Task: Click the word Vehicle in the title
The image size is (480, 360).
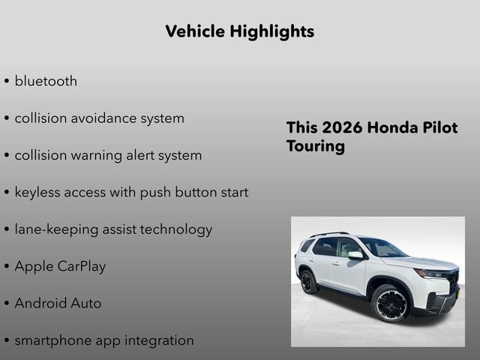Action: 194,31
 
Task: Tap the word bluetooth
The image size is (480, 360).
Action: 46,81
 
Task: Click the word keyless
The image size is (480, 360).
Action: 39,192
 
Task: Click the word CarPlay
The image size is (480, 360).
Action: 82,266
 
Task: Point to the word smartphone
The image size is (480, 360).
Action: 52,340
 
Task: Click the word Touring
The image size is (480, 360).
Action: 315,146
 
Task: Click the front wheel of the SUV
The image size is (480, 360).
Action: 390,303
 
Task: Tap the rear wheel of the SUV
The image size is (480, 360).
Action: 307,282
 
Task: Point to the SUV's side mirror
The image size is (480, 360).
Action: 355,255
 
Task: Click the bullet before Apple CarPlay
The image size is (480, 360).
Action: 7,267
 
